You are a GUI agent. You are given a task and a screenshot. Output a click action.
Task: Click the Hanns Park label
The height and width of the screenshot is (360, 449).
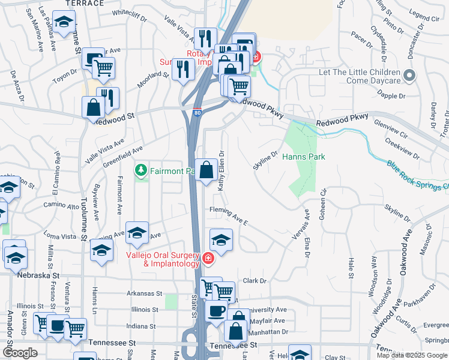(x=303, y=157)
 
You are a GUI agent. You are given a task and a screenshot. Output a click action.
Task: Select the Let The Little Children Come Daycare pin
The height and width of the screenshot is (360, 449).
(x=409, y=76)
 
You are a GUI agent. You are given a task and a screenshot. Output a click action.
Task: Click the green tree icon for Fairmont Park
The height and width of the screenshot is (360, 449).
(x=142, y=171)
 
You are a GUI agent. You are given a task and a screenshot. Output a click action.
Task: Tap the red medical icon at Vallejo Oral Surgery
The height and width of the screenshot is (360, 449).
(x=208, y=259)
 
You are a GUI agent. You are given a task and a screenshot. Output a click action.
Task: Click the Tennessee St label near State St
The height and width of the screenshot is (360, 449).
(x=233, y=345)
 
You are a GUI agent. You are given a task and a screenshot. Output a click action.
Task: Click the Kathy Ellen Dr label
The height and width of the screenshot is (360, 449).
(x=221, y=170)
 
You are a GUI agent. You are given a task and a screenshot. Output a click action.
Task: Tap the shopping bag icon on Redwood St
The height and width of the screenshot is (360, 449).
(x=95, y=109)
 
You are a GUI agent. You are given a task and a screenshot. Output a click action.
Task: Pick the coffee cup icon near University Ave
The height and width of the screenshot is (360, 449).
(x=217, y=311)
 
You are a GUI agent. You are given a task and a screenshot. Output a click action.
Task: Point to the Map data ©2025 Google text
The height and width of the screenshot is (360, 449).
(x=412, y=355)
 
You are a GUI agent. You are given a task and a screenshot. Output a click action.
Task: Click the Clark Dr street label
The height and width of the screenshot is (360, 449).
(x=254, y=281)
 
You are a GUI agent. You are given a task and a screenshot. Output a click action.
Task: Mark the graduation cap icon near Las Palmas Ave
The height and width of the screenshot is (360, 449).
(x=62, y=23)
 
